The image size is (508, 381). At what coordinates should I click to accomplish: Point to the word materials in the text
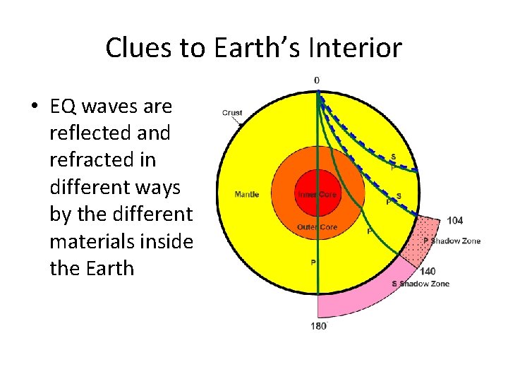[94, 241]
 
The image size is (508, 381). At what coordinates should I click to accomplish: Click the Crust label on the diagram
[232, 113]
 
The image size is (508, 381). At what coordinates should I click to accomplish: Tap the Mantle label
[247, 194]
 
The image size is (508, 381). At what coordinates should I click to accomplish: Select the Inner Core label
[317, 194]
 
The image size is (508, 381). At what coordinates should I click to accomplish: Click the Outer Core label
[317, 227]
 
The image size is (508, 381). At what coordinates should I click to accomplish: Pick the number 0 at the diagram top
[316, 80]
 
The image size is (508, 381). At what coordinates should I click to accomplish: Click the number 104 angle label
[455, 221]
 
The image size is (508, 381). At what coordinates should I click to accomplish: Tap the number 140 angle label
[428, 272]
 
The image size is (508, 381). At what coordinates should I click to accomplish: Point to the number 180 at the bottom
[318, 326]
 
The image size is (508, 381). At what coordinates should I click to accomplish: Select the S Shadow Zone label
[421, 284]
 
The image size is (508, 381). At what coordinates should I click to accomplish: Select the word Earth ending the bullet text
[107, 268]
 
